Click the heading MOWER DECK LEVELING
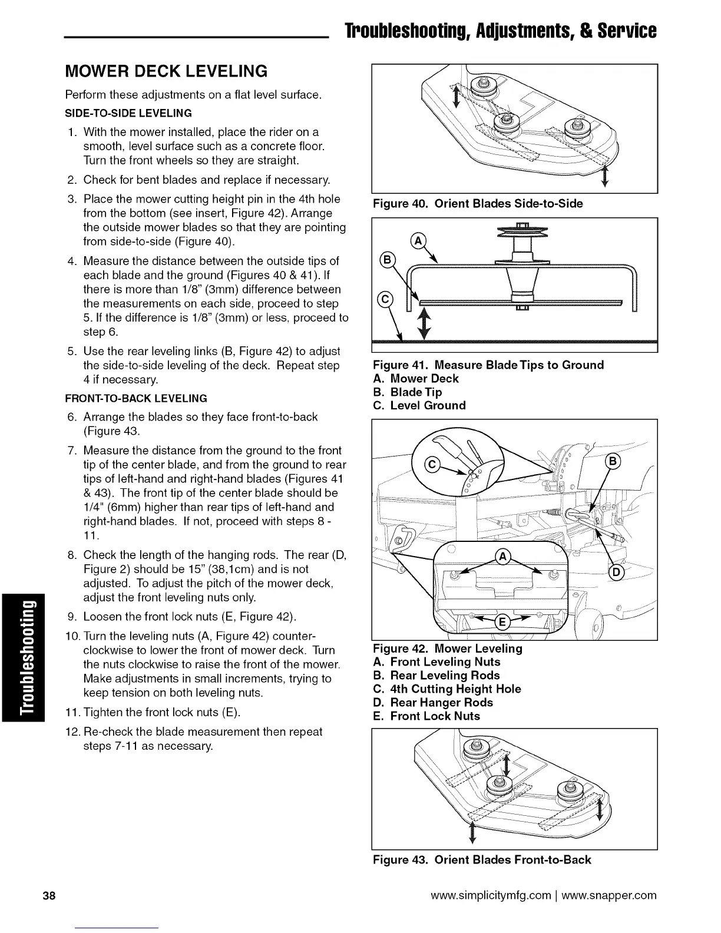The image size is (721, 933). (166, 71)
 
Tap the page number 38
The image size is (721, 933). (49, 896)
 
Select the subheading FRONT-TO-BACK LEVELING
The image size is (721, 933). (136, 398)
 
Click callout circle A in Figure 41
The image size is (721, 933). (417, 241)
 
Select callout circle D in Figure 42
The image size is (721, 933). (617, 572)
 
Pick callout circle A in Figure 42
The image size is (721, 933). (502, 557)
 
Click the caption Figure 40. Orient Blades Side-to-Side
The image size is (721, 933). (478, 204)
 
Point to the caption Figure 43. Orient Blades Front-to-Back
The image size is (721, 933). (482, 860)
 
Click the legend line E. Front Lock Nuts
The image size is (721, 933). (426, 716)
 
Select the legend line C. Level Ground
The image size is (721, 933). (419, 405)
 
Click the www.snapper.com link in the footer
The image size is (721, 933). (609, 896)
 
